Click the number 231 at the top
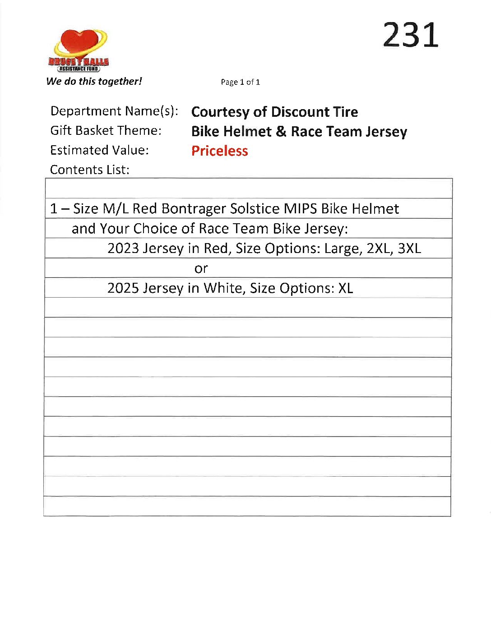(x=410, y=35)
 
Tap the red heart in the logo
(x=80, y=42)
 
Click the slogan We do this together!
(x=94, y=82)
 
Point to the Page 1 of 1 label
(x=240, y=82)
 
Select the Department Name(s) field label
(x=114, y=111)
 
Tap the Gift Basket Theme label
(x=106, y=131)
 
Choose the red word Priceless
(x=219, y=151)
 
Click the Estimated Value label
(x=99, y=150)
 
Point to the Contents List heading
(x=89, y=170)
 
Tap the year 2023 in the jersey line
(x=123, y=248)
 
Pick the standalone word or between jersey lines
(x=201, y=269)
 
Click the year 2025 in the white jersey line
(x=123, y=288)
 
